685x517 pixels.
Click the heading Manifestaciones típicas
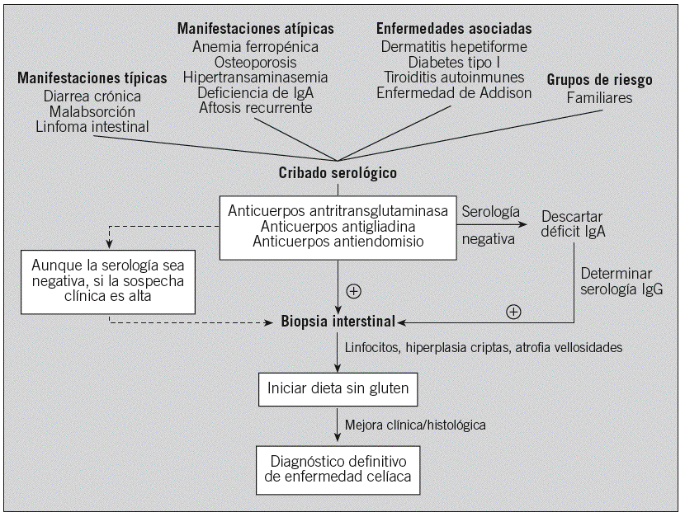tap(92, 78)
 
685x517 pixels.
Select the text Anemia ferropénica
tap(255, 47)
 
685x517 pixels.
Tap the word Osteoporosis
tap(255, 63)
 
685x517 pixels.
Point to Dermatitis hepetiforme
tap(454, 47)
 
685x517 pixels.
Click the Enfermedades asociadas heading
tap(454, 30)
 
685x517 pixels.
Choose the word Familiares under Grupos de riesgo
tap(600, 97)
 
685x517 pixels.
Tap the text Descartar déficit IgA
tap(574, 223)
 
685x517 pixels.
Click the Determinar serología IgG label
tap(621, 280)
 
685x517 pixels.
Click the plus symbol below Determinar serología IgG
tap(513, 311)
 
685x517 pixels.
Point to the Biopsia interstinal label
tap(338, 320)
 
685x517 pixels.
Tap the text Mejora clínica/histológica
tap(415, 425)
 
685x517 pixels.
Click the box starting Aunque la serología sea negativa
tap(109, 282)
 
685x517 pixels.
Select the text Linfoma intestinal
tap(92, 126)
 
